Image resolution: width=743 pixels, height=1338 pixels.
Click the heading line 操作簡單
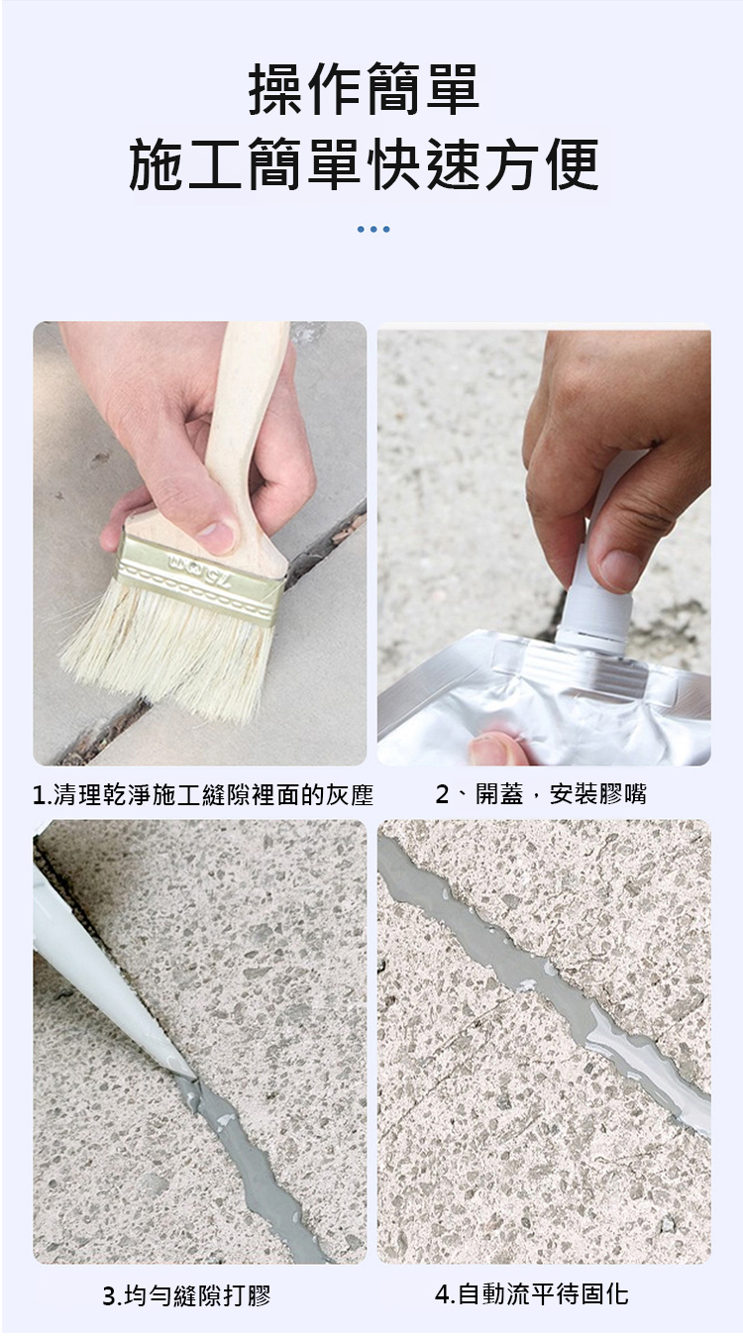[x=364, y=89]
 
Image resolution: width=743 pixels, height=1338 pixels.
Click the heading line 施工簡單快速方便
[x=364, y=164]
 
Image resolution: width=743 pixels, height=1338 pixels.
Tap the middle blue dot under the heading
[x=373, y=230]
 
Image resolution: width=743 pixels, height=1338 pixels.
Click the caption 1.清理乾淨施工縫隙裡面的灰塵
[x=203, y=795]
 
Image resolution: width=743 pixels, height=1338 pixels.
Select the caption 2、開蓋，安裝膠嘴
[x=541, y=794]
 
